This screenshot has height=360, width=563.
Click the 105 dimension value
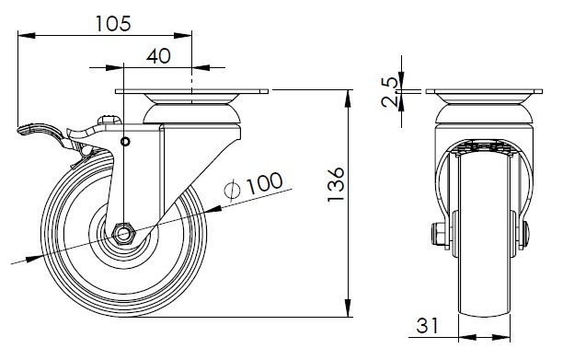(x=113, y=24)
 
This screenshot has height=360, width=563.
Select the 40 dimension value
(x=158, y=56)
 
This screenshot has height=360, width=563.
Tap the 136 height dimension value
(x=336, y=184)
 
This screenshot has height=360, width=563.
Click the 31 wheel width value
(x=427, y=326)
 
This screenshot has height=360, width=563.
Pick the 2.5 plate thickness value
(x=390, y=92)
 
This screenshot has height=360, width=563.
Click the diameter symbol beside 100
(x=232, y=190)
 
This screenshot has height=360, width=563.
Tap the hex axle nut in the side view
(x=123, y=235)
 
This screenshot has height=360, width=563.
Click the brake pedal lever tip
(x=18, y=130)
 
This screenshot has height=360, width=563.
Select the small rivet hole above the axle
(x=125, y=142)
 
